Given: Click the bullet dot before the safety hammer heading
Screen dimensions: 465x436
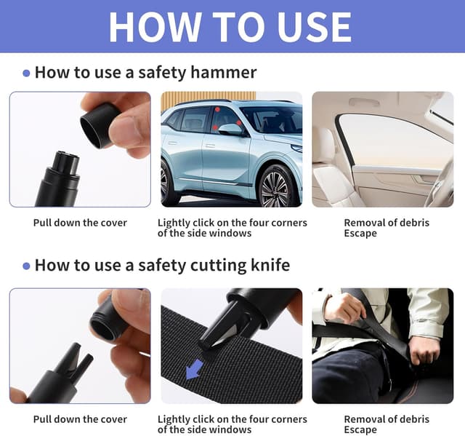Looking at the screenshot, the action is [26, 74].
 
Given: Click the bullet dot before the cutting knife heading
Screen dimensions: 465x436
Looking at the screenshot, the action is [26, 266].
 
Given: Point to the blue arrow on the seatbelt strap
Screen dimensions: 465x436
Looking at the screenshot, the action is [195, 369].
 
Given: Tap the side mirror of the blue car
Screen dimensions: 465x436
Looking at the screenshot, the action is [230, 130].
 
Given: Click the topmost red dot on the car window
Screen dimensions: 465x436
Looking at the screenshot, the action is [217, 110].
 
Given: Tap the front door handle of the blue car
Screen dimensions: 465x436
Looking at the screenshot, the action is [210, 146].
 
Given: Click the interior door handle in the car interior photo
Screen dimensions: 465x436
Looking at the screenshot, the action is [423, 179].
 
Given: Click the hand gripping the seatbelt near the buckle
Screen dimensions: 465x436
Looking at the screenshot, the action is [424, 349].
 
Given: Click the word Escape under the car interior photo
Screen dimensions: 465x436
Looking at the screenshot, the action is [360, 234].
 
